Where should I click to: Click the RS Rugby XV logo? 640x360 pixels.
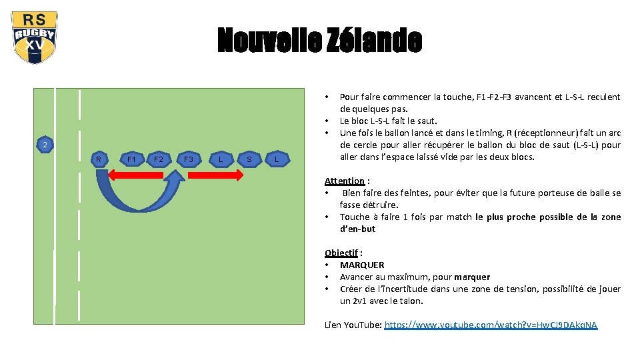(x=34, y=37)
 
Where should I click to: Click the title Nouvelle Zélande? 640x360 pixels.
(x=319, y=41)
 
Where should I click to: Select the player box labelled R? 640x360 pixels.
(x=99, y=159)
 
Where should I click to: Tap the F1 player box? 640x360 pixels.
(x=131, y=159)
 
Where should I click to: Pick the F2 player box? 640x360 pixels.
(x=158, y=159)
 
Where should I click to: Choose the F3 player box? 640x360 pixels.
(x=189, y=159)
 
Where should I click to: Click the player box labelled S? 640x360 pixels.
(x=249, y=159)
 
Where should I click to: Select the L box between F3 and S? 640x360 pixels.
(x=221, y=159)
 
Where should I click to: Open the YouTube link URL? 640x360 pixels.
(x=491, y=325)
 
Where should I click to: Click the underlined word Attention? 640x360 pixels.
(x=344, y=181)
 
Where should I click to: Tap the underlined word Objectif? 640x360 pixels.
(x=341, y=253)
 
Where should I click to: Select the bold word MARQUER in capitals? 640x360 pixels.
(x=362, y=265)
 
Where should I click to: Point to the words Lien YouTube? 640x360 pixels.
(x=353, y=325)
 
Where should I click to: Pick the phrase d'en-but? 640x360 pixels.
(x=357, y=229)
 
